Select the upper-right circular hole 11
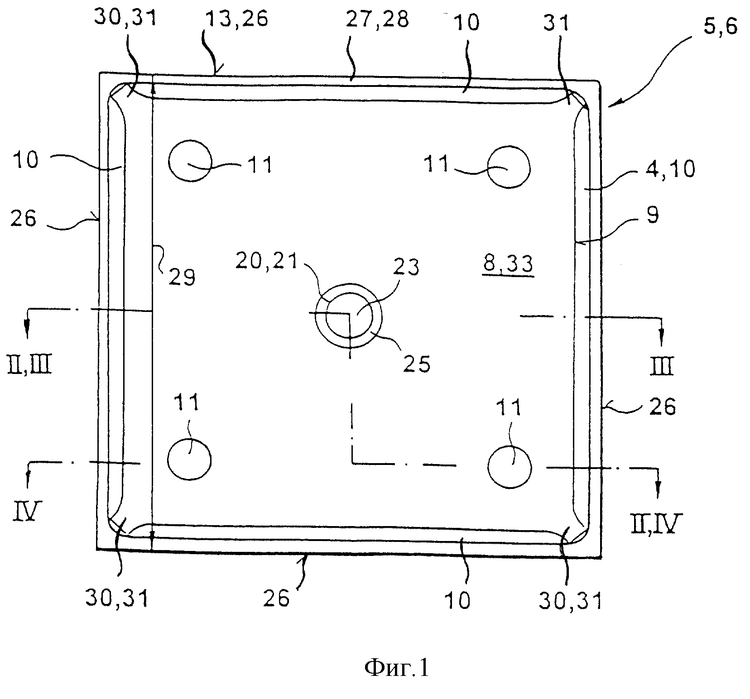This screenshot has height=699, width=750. point(509,167)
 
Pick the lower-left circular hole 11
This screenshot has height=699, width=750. point(189,460)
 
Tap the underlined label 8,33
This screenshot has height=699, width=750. point(508,265)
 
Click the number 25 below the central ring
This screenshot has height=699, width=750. point(417,363)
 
